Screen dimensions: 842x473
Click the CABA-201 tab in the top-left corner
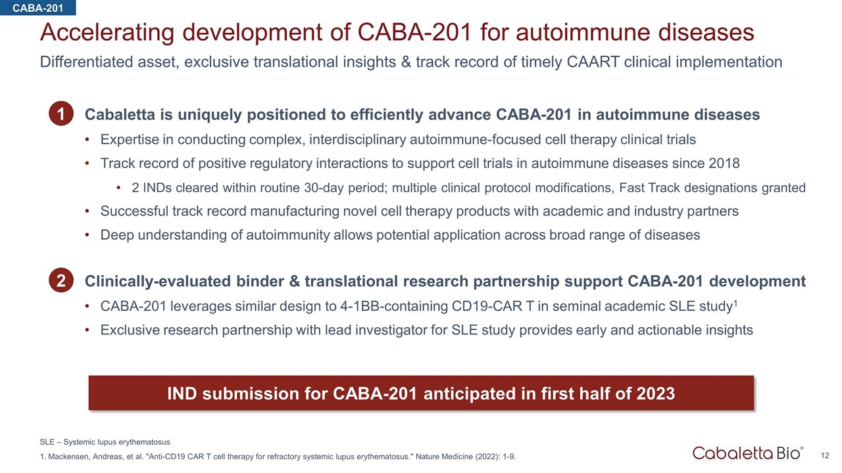pos(37,7)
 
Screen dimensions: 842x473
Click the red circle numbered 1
pos(61,114)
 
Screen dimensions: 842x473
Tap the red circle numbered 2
pos(61,280)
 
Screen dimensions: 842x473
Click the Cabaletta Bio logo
pos(748,453)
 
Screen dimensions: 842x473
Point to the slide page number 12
pos(825,456)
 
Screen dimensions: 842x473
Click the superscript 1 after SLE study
pos(735,303)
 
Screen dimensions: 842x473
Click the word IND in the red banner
pos(182,394)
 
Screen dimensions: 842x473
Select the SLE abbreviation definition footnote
pos(105,442)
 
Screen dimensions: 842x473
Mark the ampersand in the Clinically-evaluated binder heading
pos(294,281)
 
